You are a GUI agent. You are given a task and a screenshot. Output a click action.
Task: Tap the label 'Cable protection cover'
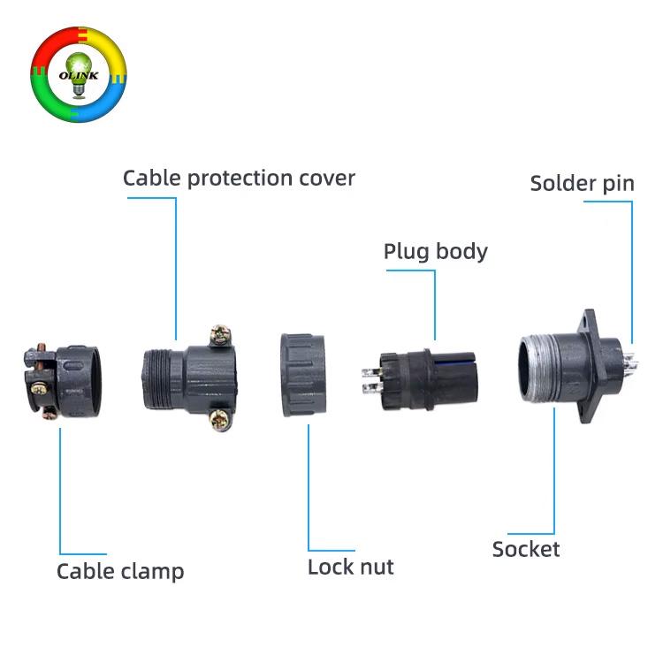tap(239, 178)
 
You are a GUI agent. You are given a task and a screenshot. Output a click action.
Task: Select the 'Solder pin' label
tap(582, 184)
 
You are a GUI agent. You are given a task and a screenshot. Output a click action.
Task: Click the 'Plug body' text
tap(435, 251)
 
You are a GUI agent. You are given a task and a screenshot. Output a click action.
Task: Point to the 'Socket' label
tap(526, 549)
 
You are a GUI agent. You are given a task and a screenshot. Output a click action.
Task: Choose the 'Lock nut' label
tap(350, 567)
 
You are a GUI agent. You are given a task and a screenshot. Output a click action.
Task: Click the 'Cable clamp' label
tap(120, 571)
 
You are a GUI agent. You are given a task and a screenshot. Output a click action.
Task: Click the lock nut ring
tap(305, 375)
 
